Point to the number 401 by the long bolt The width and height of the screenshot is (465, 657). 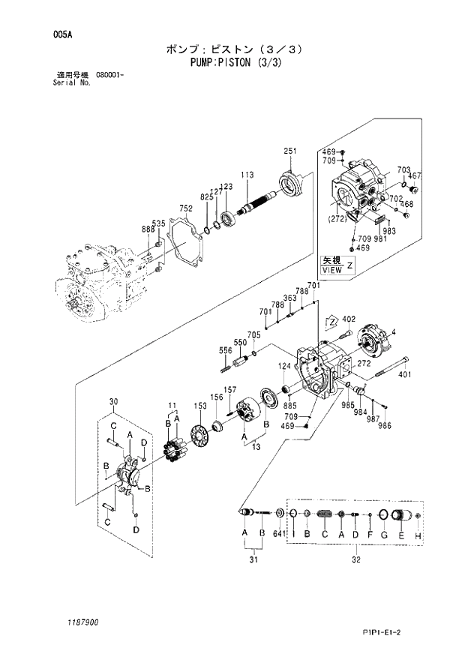coord(404,375)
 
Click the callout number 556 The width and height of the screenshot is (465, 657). coord(225,350)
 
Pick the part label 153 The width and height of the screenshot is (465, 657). coord(200,405)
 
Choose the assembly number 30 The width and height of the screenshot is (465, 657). coord(114,402)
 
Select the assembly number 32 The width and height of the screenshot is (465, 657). coord(355,558)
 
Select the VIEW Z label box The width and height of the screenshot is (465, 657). coord(336,264)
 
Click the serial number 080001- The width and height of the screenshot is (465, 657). coord(110,76)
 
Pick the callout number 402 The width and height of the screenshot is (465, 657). coord(347,319)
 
